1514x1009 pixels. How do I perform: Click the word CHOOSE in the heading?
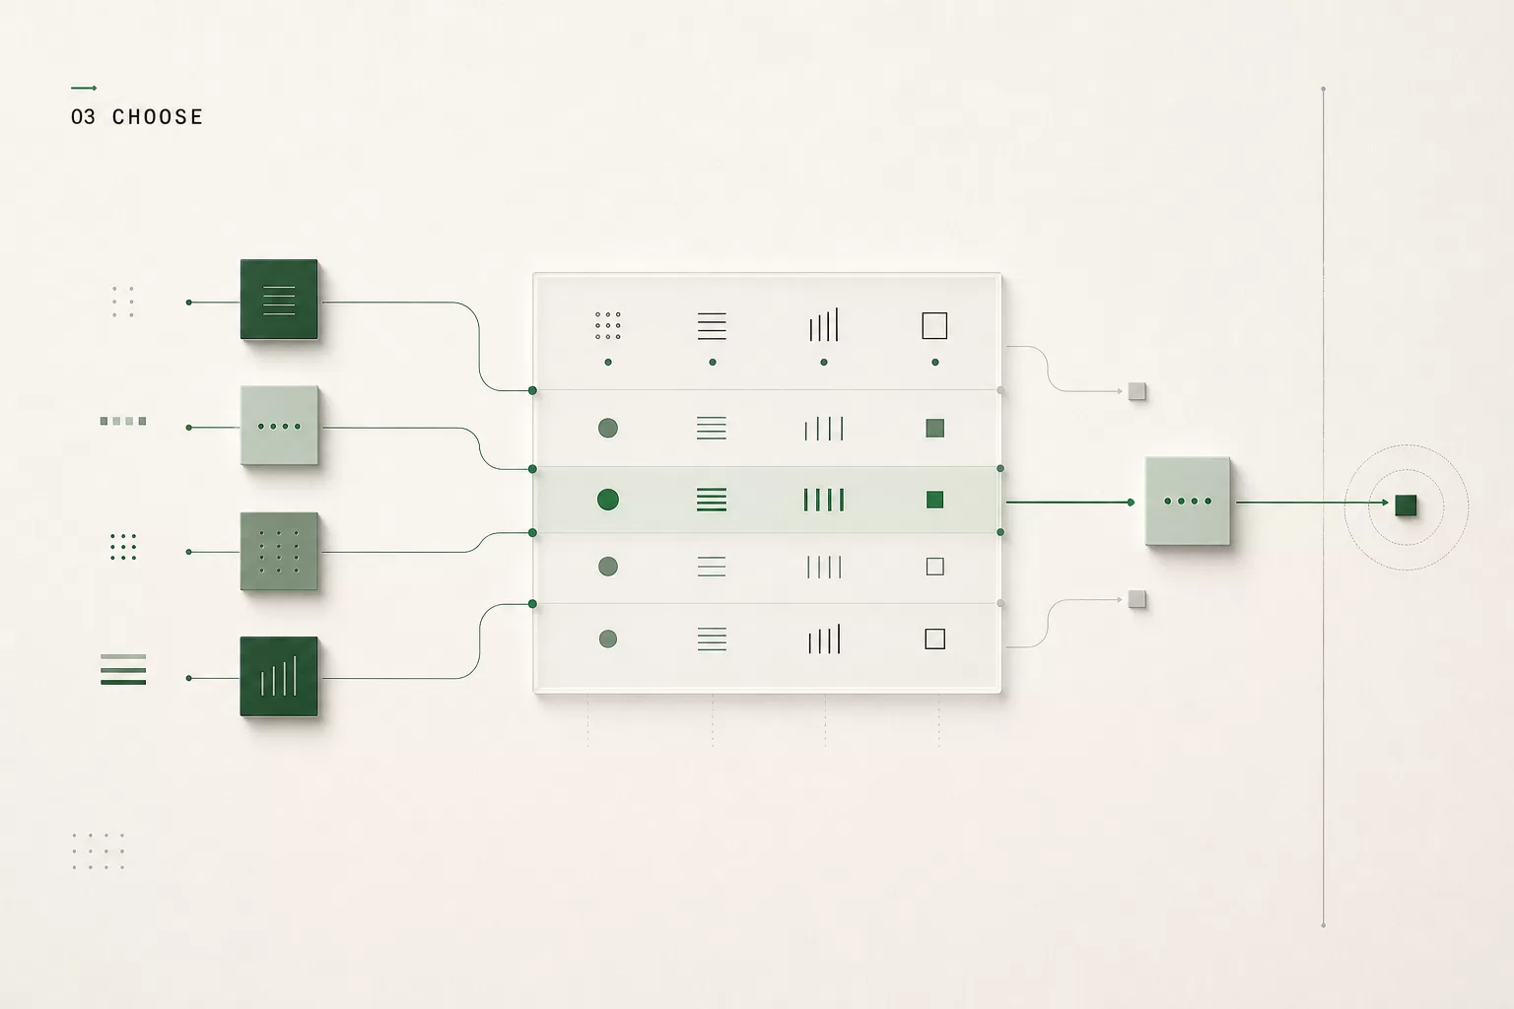pyautogui.click(x=158, y=117)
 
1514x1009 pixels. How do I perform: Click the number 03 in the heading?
pyautogui.click(x=83, y=117)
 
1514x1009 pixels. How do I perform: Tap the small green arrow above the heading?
pyautogui.click(x=84, y=88)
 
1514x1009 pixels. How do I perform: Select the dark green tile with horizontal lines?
pyautogui.click(x=279, y=300)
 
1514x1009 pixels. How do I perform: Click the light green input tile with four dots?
pyautogui.click(x=279, y=426)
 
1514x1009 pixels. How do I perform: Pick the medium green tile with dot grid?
pyautogui.click(x=279, y=552)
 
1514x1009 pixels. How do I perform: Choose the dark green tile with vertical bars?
pyautogui.click(x=279, y=677)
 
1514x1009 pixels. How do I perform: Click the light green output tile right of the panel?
pyautogui.click(x=1188, y=501)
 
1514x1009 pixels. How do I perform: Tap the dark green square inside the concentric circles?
pyautogui.click(x=1406, y=505)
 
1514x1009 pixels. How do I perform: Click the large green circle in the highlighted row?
pyautogui.click(x=608, y=500)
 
